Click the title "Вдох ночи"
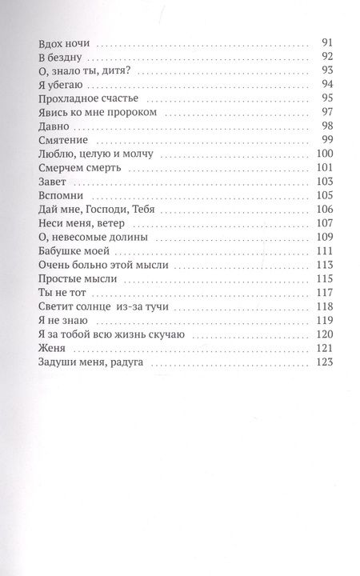click(x=61, y=43)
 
